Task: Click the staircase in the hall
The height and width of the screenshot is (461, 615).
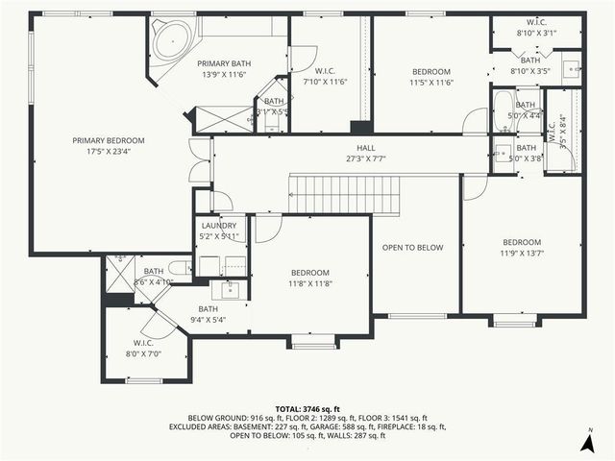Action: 344,195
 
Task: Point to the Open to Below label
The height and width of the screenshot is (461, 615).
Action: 412,248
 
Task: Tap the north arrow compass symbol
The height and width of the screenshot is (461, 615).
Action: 587,441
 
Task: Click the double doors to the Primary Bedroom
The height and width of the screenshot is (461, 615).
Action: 200,159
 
